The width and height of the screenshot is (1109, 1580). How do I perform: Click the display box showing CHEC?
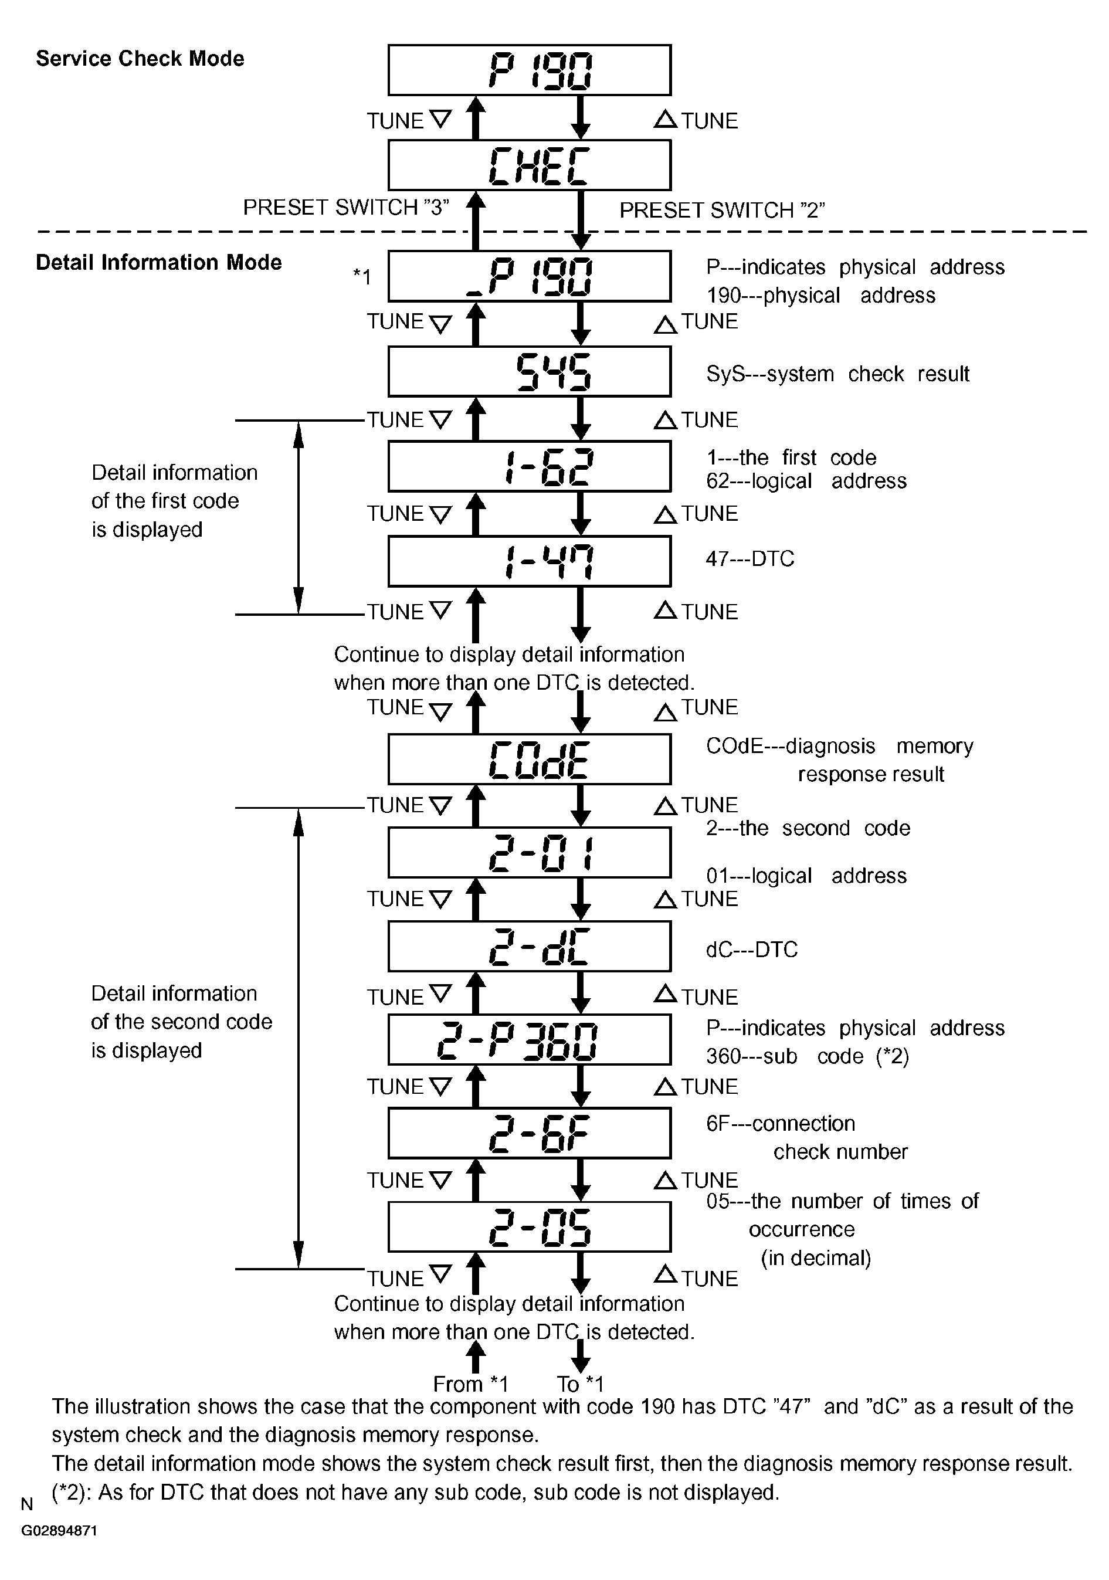[529, 165]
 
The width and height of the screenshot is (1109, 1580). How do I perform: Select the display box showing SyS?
[529, 372]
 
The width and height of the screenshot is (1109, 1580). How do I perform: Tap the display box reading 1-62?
[529, 467]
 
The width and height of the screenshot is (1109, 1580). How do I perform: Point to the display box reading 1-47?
[529, 561]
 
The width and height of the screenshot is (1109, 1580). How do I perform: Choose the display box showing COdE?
[529, 760]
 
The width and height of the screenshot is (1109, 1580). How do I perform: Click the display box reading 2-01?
[529, 853]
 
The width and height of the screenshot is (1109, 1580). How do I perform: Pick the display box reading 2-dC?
[529, 947]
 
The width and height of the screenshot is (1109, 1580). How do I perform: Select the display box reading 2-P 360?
[529, 1040]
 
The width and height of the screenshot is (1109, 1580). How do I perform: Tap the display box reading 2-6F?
[529, 1133]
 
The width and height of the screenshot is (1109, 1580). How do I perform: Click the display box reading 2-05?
[529, 1227]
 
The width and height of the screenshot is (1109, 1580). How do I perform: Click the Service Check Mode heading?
[140, 59]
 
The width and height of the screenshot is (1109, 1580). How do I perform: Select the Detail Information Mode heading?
[158, 262]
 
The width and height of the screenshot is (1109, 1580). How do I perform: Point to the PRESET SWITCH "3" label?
[346, 207]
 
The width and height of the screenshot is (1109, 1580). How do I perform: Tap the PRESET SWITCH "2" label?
[722, 210]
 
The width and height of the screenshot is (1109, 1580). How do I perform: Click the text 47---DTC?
[750, 558]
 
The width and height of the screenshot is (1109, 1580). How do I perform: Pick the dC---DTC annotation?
[751, 950]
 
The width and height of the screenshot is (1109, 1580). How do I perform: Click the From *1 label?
[470, 1384]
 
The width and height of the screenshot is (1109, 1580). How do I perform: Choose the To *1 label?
[580, 1384]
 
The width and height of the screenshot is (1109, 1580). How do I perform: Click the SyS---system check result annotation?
[837, 374]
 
